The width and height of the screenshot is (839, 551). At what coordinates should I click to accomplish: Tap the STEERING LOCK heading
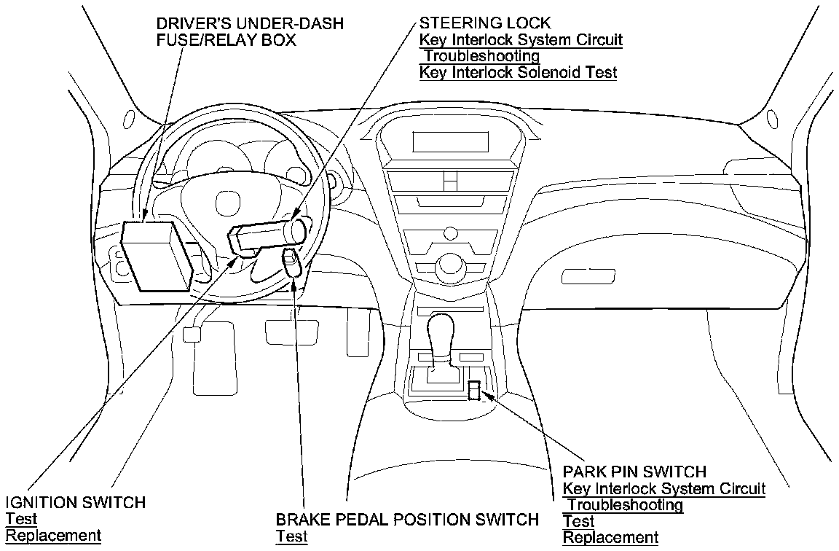click(480, 23)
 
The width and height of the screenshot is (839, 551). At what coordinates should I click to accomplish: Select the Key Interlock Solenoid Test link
click(518, 72)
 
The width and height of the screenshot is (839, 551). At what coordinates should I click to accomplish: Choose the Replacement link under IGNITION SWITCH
click(53, 536)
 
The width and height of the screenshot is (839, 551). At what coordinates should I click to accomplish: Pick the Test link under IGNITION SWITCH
click(21, 519)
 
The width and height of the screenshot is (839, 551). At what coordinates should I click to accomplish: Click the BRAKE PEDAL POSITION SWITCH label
click(407, 520)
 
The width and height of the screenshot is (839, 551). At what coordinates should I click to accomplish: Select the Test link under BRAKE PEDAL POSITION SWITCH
click(291, 536)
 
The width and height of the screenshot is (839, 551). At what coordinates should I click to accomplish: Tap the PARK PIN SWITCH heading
click(634, 472)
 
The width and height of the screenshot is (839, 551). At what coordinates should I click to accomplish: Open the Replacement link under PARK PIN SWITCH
click(610, 538)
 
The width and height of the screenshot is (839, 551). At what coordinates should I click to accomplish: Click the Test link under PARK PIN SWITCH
click(579, 521)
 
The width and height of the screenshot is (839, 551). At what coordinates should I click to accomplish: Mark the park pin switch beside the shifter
click(474, 391)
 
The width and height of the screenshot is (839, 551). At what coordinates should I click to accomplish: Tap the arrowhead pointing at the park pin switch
click(489, 396)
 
